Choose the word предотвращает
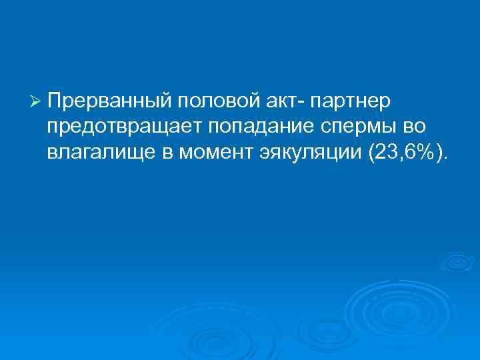tap(118, 127)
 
